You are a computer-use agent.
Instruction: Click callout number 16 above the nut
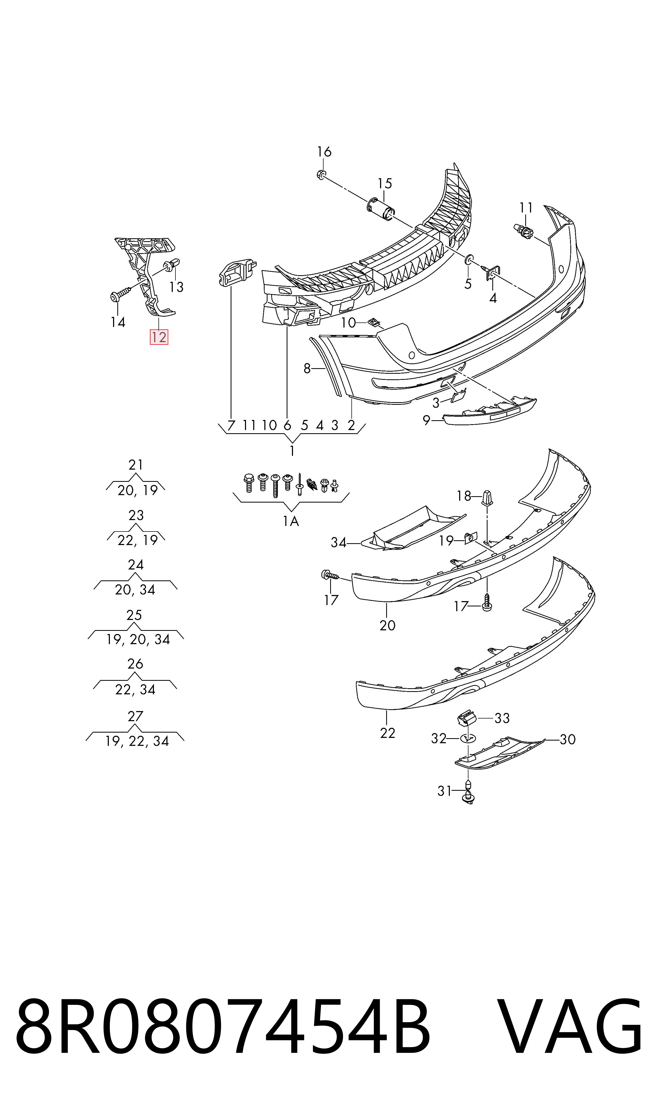tap(324, 152)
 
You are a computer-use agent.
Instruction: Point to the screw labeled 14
tap(120, 294)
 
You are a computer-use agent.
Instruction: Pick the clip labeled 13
tap(172, 265)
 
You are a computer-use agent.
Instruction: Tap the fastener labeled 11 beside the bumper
tap(524, 231)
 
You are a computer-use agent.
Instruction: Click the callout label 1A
tap(291, 521)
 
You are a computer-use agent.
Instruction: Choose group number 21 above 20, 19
tap(136, 465)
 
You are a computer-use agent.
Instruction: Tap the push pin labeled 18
tap(487, 498)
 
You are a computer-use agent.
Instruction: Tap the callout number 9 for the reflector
tap(426, 420)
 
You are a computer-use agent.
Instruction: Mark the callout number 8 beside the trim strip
tap(307, 368)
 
